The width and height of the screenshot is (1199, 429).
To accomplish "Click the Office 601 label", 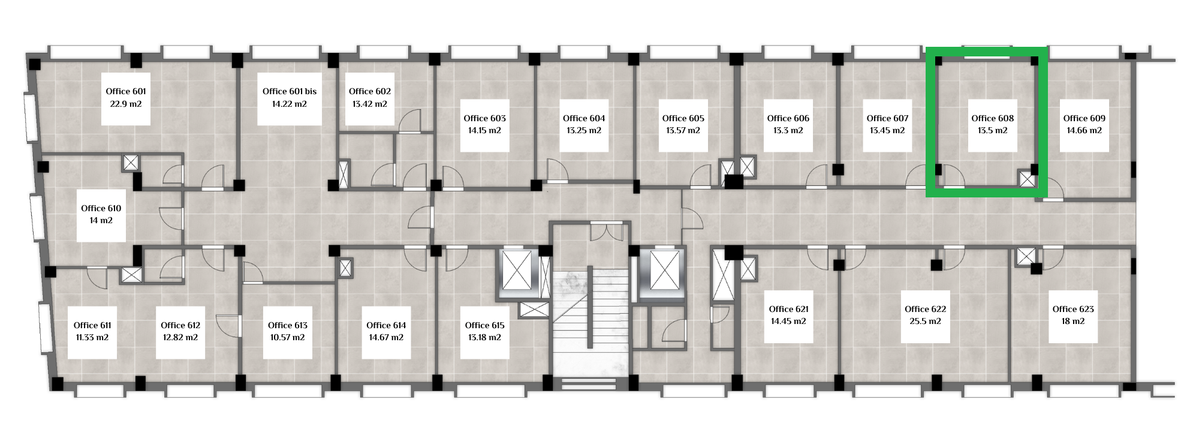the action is click(126, 91).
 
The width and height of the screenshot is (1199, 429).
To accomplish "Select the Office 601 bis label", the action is click(290, 91).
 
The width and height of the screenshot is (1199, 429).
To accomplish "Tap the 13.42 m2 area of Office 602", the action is click(370, 104).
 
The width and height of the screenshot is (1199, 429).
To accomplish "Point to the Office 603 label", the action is click(485, 118).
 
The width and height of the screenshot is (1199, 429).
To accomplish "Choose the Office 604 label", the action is click(584, 118).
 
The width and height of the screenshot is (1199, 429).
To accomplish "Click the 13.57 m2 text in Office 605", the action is click(683, 131).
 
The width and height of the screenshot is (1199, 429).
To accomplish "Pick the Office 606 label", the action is click(788, 118).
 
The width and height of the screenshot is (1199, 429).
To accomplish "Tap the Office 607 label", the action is click(888, 118).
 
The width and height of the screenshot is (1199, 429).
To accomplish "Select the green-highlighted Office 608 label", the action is click(993, 118).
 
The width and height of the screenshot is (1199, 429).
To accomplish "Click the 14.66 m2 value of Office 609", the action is click(1084, 131).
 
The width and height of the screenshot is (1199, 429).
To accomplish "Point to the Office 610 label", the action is click(101, 208).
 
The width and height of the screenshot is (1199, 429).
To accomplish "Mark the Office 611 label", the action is click(92, 325).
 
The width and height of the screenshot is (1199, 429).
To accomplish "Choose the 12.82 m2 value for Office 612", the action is click(180, 338).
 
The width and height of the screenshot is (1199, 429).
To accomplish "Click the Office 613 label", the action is click(288, 325).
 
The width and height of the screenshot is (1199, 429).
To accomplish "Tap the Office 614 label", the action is click(387, 325).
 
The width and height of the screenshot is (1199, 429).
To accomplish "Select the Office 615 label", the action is click(485, 325).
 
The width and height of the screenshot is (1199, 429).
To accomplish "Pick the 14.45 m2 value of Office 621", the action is click(789, 322).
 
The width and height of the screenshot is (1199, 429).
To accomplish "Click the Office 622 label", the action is click(926, 309).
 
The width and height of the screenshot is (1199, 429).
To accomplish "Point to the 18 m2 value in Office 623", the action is click(1073, 322).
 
